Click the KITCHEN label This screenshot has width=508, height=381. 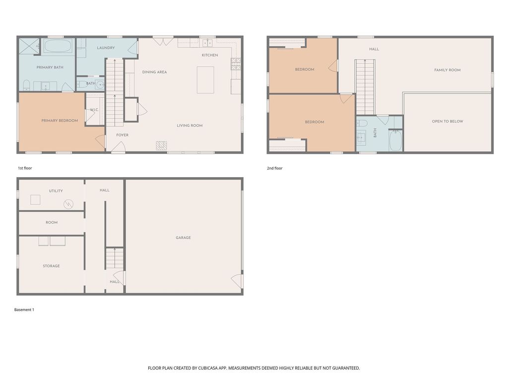tap(209, 55)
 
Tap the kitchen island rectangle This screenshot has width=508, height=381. tap(205, 80)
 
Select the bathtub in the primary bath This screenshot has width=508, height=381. tap(59, 47)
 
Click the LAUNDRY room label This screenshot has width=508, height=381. tap(106, 48)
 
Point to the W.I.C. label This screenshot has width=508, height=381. tap(94, 110)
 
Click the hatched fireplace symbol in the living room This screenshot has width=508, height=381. tap(161, 145)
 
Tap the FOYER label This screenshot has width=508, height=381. tap(122, 135)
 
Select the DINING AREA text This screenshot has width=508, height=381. tap(154, 72)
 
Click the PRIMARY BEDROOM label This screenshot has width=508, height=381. tap(60, 120)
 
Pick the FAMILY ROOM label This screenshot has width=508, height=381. tap(447, 70)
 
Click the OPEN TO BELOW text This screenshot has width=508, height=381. tap(447, 121)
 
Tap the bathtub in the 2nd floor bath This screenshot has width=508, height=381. tap(395, 140)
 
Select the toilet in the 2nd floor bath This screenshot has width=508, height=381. tap(362, 123)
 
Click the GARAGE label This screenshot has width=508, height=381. tap(183, 238)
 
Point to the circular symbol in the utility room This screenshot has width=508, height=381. tap(68, 204)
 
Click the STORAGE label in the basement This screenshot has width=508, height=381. tap(51, 266)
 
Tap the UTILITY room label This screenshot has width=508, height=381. tap(56, 191)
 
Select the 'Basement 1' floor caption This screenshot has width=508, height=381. tap(24, 310)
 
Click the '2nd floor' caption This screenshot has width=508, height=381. tap(274, 168)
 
